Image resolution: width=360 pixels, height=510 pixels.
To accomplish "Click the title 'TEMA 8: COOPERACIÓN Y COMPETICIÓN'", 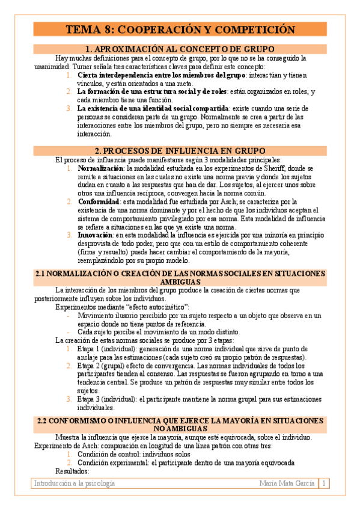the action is click(180, 30).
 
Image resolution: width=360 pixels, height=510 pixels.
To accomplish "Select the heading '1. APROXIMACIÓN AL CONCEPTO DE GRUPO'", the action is click(180, 49).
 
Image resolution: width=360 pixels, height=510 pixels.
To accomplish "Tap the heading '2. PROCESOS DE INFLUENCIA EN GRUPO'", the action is click(180, 150).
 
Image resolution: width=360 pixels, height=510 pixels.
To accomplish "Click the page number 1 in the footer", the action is click(324, 483).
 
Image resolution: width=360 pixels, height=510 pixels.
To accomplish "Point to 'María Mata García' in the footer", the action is click(287, 483).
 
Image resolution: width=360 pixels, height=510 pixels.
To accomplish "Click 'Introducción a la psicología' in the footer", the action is click(75, 483).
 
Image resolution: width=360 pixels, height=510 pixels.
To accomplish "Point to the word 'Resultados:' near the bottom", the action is click(72, 470).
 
